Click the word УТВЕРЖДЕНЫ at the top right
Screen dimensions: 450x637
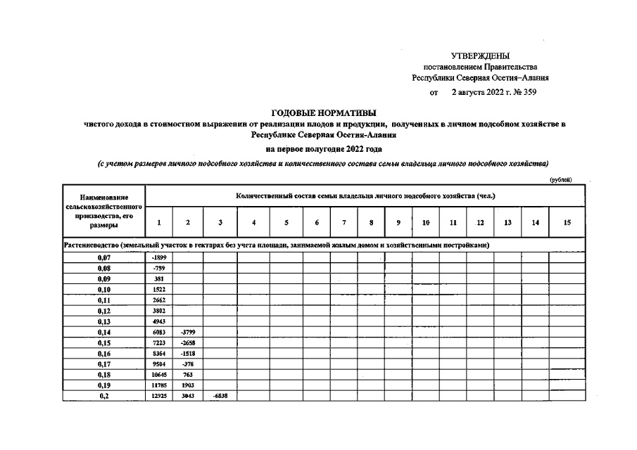pyautogui.click(x=480, y=56)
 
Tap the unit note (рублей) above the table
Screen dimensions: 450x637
pyautogui.click(x=561, y=180)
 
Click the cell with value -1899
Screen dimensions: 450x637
pyautogui.click(x=159, y=258)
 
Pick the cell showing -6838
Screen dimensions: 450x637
pyautogui.click(x=220, y=396)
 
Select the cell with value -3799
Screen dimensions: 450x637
pyautogui.click(x=187, y=332)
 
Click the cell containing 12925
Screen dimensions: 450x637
pyautogui.click(x=159, y=396)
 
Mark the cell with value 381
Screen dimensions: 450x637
pyautogui.click(x=159, y=279)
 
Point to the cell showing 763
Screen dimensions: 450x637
pyautogui.click(x=187, y=375)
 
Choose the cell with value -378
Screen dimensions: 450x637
pyautogui.click(x=187, y=364)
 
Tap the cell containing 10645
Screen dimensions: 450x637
pyautogui.click(x=159, y=375)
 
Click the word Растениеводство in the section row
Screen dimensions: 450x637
pyautogui.click(x=91, y=245)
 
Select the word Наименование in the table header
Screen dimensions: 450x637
pyautogui.click(x=104, y=198)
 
